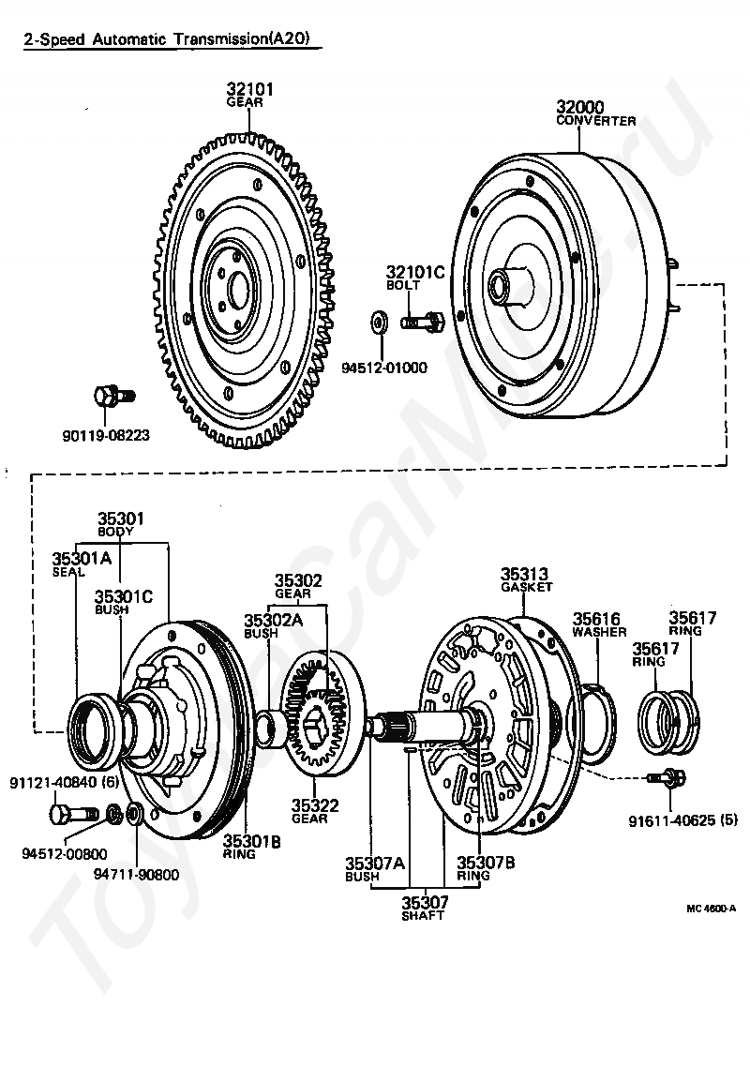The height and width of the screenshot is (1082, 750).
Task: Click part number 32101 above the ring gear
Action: pos(249,89)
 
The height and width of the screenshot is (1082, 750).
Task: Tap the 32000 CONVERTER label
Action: pos(596,113)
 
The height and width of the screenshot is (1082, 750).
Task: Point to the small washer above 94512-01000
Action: pos(379,322)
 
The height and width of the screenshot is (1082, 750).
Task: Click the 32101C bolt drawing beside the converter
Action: pos(422,321)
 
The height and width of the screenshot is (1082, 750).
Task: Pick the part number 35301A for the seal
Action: pos(82,558)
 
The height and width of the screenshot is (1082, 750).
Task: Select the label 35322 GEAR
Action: pos(314,812)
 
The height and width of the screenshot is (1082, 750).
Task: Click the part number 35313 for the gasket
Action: pos(524,574)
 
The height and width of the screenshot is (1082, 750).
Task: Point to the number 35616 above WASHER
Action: pos(596,618)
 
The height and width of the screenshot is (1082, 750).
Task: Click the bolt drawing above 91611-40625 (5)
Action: pos(667,777)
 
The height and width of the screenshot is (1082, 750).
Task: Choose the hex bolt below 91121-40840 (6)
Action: pos(73,813)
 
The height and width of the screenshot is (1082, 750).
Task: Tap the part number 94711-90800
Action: pos(136,874)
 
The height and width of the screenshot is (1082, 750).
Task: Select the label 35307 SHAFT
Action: pos(425,908)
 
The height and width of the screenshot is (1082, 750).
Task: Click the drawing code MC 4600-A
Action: pos(711,909)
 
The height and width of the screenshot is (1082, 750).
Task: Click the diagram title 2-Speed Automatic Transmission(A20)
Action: pos(172,39)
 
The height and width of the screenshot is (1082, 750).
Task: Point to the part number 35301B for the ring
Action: pos(251,840)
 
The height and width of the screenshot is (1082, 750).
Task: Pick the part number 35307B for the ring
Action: pos(486,863)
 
